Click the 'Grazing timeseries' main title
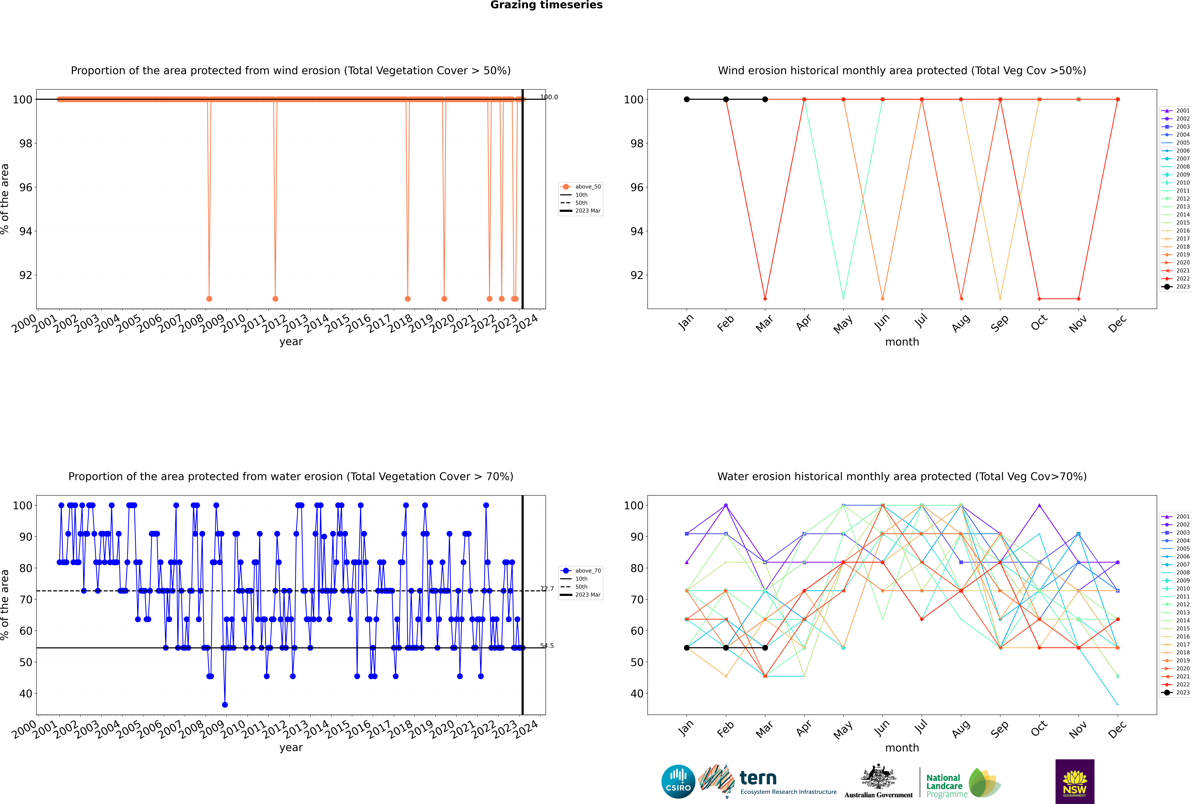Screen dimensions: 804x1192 pos(546,5)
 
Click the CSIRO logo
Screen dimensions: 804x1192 pos(678,781)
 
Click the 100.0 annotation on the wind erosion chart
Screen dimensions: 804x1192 pos(549,97)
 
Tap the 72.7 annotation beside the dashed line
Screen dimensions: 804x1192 pos(547,589)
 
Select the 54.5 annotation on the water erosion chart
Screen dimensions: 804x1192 pos(547,646)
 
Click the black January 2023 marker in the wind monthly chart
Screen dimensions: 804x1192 pos(687,100)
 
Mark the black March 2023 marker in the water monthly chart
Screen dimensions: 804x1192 pos(765,648)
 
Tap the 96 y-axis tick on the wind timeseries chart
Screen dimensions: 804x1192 pos(26,187)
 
